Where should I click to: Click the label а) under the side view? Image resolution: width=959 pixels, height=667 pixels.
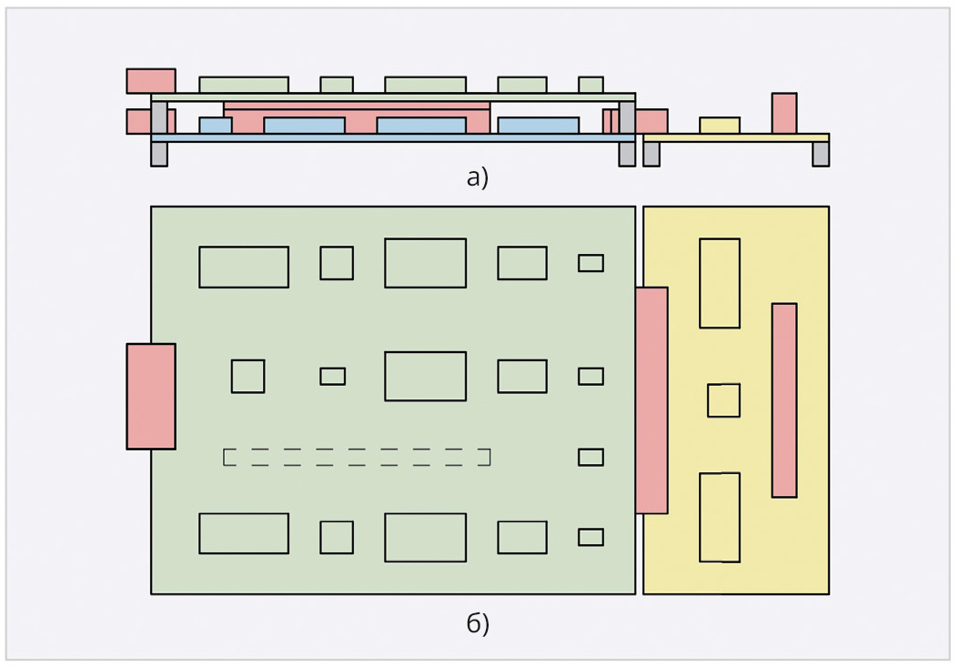point(477,178)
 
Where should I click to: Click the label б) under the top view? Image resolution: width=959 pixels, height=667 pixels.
point(477,623)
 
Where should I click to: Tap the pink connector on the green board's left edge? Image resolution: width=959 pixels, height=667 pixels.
point(151,397)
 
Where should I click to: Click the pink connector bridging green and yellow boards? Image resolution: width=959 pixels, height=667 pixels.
point(651,400)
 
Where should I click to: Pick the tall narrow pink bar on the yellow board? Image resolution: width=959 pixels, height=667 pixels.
point(784,400)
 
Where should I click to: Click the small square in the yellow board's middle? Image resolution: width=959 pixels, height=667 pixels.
point(723,400)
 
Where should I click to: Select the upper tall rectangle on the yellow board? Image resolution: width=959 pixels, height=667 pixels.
point(720,283)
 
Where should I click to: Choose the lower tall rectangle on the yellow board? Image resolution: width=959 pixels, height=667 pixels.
point(720,517)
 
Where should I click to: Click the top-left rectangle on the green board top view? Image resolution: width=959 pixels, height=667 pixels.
point(244,267)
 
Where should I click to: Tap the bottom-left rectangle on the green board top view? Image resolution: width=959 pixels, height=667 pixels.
point(244,533)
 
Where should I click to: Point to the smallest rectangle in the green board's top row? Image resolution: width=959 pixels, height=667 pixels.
point(591,263)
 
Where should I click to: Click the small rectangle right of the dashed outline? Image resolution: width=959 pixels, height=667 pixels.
point(591,457)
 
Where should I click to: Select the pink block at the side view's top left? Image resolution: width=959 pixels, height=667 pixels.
point(151,81)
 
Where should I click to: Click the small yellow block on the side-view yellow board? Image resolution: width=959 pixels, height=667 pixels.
point(720,126)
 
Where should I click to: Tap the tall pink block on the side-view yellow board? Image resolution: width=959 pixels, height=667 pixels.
point(784,113)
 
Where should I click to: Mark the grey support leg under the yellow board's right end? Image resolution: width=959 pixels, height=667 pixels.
point(821,154)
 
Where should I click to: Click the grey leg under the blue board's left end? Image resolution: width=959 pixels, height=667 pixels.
point(159,154)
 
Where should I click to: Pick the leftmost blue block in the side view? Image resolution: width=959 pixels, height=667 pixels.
point(216,126)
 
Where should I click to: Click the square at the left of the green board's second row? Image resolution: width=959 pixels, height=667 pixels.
point(247,377)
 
